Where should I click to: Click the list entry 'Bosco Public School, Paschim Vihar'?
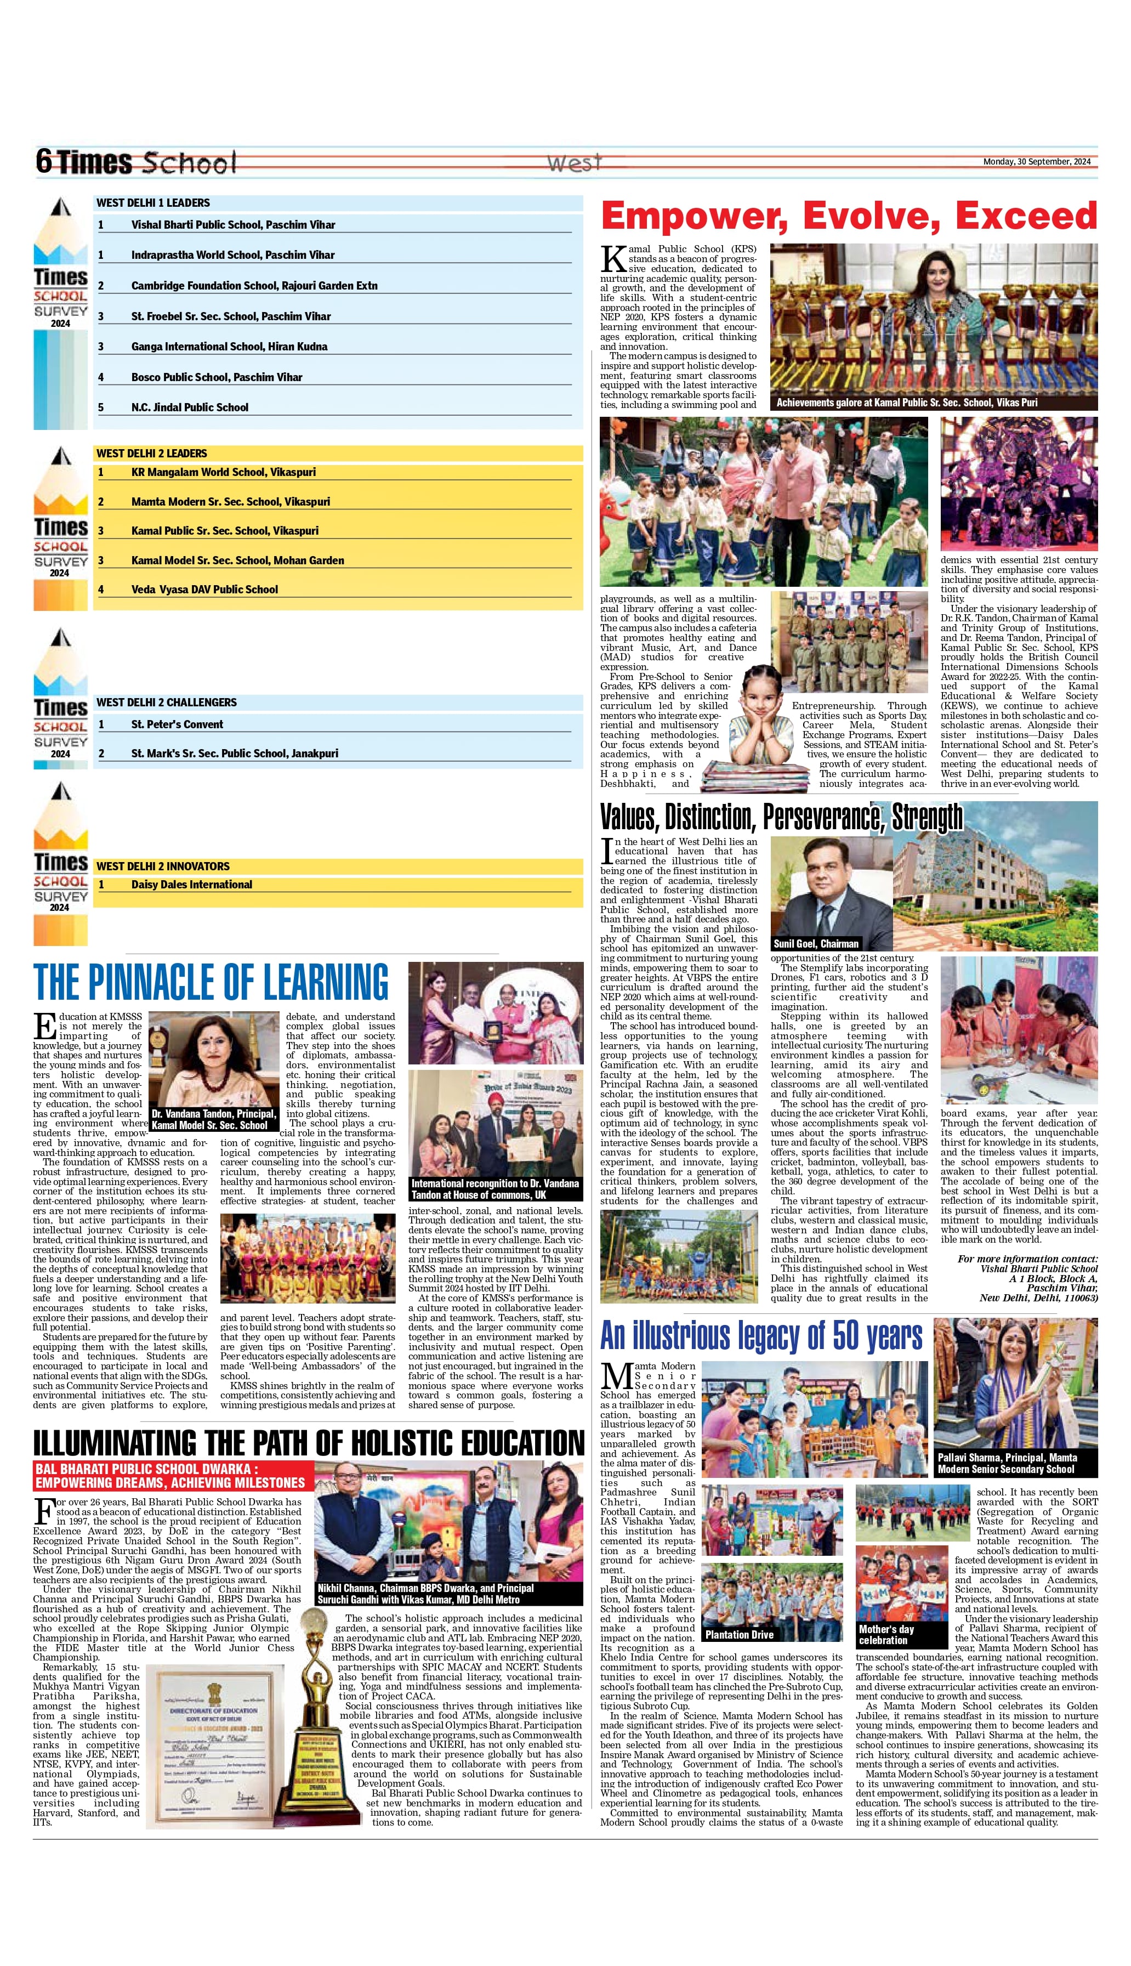coord(217,377)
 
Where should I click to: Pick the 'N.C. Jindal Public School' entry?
coord(190,408)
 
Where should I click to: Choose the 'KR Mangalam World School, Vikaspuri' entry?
coord(223,472)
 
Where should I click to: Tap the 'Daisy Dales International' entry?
coord(191,885)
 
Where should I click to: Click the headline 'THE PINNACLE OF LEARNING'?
coord(211,983)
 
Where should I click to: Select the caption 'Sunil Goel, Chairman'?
coord(816,944)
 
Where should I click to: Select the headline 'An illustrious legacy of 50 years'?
coord(761,1336)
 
